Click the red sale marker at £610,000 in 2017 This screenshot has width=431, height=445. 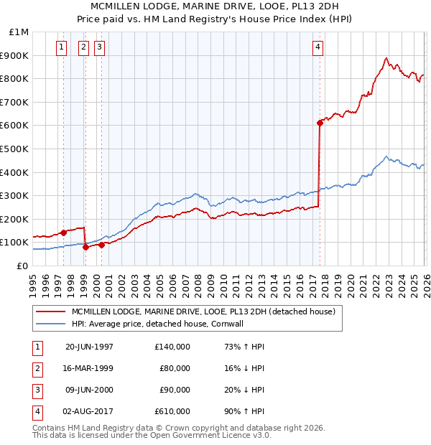[320, 123]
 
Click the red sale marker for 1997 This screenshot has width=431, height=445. [64, 233]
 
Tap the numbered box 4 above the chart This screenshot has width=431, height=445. [318, 48]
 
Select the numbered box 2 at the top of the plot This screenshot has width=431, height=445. [83, 48]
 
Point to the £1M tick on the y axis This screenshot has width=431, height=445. [19, 32]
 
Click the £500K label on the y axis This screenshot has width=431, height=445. [15, 149]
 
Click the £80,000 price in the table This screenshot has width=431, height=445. [175, 368]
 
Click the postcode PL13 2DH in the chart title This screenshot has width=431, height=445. [307, 6]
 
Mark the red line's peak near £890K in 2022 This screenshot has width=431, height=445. [386, 58]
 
